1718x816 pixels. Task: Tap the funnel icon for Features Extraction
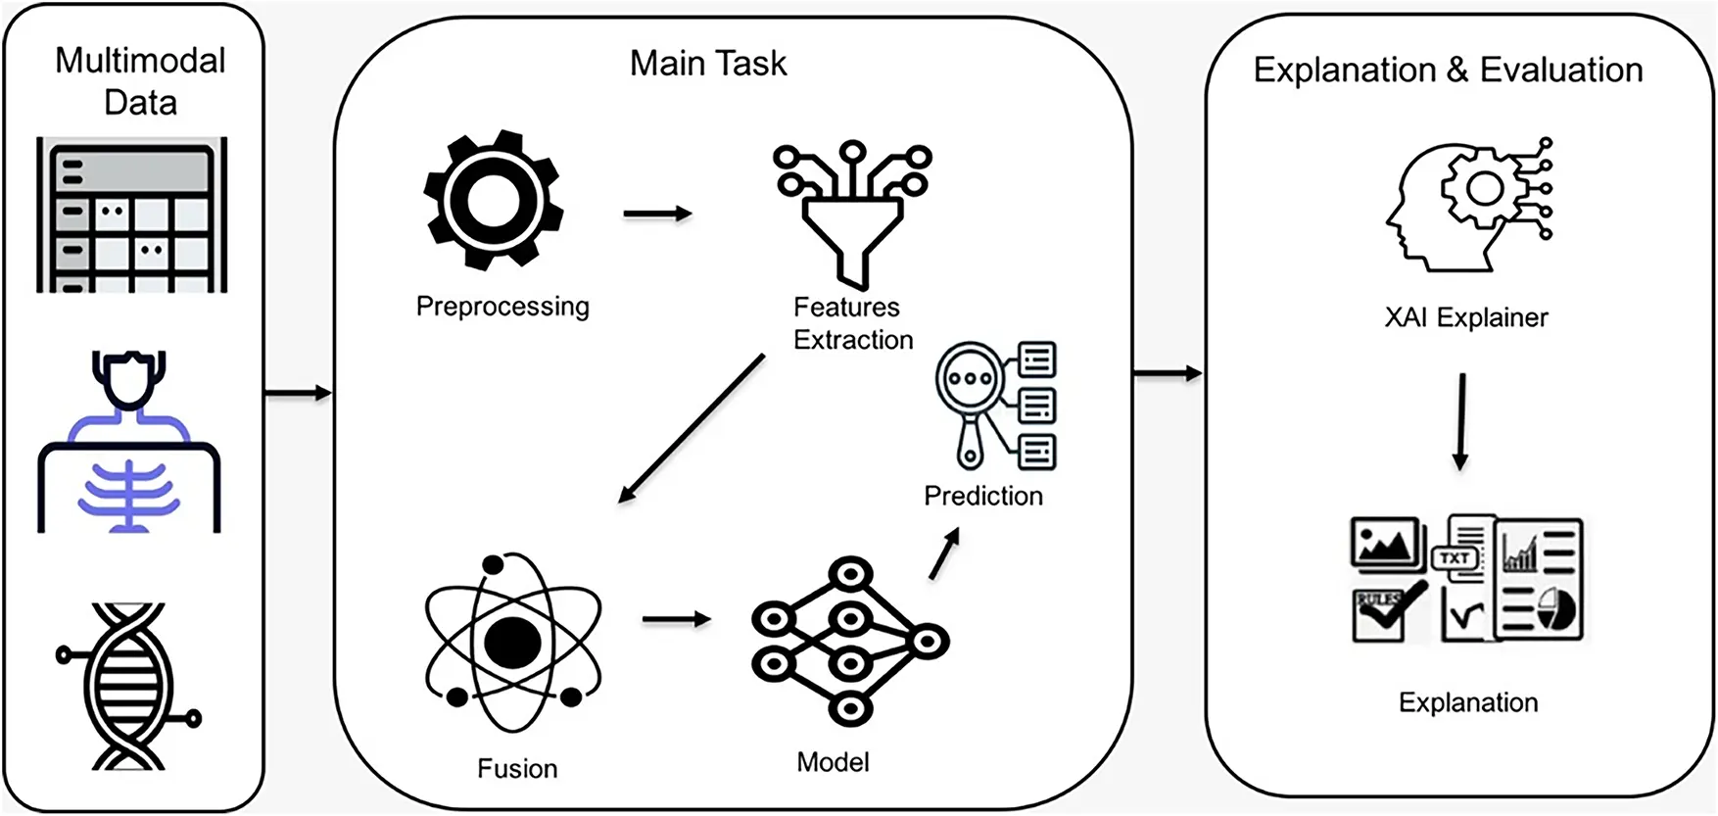coord(851,216)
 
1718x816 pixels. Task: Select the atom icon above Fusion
coord(513,643)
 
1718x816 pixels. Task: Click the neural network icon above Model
coord(849,641)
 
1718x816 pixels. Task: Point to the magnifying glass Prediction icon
coord(996,406)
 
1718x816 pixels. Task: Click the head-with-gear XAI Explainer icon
coord(1468,205)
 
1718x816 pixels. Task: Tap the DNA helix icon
coord(128,686)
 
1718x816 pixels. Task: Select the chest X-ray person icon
coord(129,443)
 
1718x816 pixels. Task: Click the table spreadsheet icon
coord(132,216)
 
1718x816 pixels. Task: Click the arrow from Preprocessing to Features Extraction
coord(657,214)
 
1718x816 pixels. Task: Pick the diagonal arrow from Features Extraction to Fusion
coord(692,429)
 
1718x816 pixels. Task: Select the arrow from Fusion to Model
coord(677,619)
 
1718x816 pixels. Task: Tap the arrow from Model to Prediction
coord(944,554)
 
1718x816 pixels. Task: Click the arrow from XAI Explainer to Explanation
coord(1461,421)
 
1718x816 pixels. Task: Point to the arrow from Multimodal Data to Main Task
coord(299,394)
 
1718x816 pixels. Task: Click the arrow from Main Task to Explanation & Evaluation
coord(1168,373)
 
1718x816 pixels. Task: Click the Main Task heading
coord(708,64)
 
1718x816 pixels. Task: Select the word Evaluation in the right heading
coord(1561,71)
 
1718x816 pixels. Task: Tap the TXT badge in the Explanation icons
coord(1455,557)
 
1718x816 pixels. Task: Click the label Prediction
coord(983,496)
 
